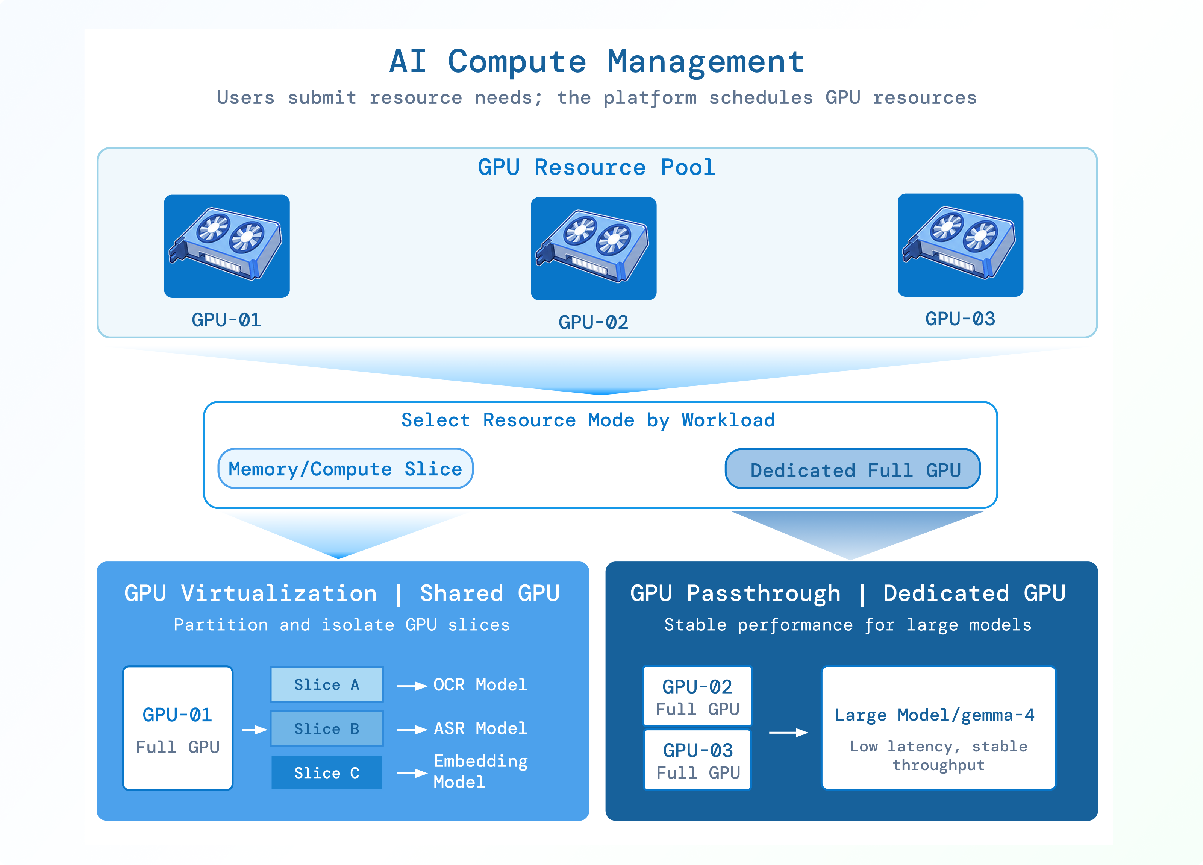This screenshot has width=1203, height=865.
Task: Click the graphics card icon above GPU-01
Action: click(226, 246)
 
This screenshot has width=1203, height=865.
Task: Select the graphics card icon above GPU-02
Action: click(594, 248)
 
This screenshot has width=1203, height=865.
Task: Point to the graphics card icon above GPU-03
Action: click(960, 244)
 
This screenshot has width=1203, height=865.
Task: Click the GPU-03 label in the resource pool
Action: click(960, 319)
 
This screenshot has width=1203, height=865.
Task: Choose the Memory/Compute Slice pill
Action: click(345, 469)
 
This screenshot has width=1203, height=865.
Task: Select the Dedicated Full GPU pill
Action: click(852, 469)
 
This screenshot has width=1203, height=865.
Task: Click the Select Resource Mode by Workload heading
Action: click(588, 420)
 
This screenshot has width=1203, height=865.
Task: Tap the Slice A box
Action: click(327, 684)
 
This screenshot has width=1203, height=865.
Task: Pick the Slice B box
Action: click(327, 728)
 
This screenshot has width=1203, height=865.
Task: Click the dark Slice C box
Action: click(327, 772)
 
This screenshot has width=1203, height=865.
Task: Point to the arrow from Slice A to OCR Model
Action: click(412, 686)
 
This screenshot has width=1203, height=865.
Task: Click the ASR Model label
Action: click(480, 728)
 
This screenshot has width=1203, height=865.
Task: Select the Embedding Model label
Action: click(480, 771)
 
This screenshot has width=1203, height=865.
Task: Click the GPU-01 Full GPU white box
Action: click(178, 728)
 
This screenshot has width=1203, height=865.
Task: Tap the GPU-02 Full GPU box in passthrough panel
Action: click(697, 696)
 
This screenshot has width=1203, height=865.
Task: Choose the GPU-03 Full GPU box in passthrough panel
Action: click(697, 759)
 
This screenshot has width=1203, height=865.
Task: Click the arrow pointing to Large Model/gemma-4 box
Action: click(789, 733)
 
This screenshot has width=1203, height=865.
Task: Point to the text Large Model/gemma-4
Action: click(935, 715)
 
